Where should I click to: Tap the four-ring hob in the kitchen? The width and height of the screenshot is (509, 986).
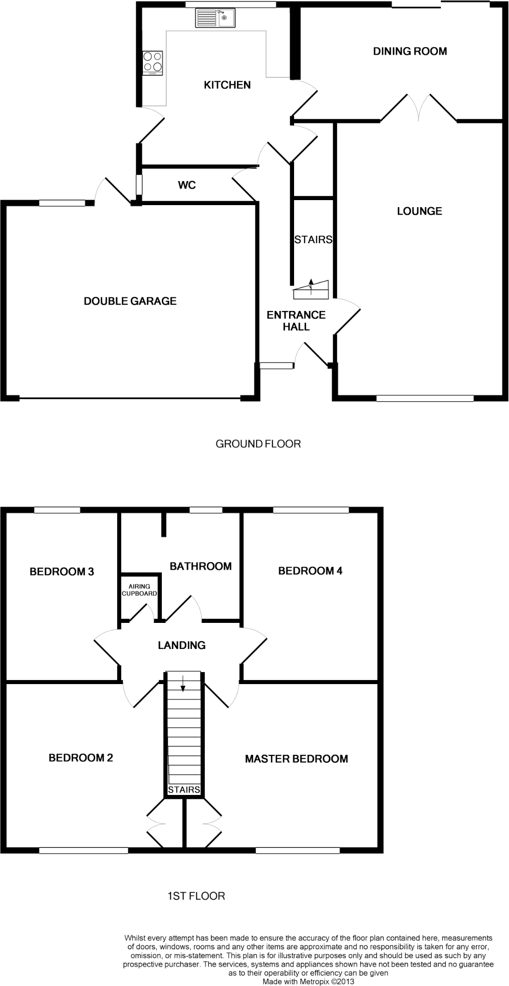153,63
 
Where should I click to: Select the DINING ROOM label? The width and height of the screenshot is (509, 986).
410,51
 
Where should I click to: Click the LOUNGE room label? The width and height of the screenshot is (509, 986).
419,211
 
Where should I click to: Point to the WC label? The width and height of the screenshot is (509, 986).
187,186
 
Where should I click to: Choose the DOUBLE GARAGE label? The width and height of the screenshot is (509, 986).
130,301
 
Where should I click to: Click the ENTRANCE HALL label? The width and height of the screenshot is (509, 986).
296,321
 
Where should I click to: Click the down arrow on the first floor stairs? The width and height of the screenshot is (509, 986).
183,683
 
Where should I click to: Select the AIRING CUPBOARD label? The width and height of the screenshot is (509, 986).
139,590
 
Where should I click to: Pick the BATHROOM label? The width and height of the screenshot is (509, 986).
200,566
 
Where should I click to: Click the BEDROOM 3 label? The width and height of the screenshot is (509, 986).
62,571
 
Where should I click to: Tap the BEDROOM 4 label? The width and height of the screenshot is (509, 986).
310,571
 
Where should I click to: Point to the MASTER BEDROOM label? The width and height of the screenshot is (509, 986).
296,759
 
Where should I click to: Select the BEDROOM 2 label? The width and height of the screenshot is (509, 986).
81,758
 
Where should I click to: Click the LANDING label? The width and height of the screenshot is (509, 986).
182,645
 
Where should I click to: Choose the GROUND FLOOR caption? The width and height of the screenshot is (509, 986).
258,444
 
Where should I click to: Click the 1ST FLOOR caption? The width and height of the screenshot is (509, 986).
196,896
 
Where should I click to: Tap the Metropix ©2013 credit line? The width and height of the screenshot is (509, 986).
308,981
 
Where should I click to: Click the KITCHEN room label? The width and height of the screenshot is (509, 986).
227,85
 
